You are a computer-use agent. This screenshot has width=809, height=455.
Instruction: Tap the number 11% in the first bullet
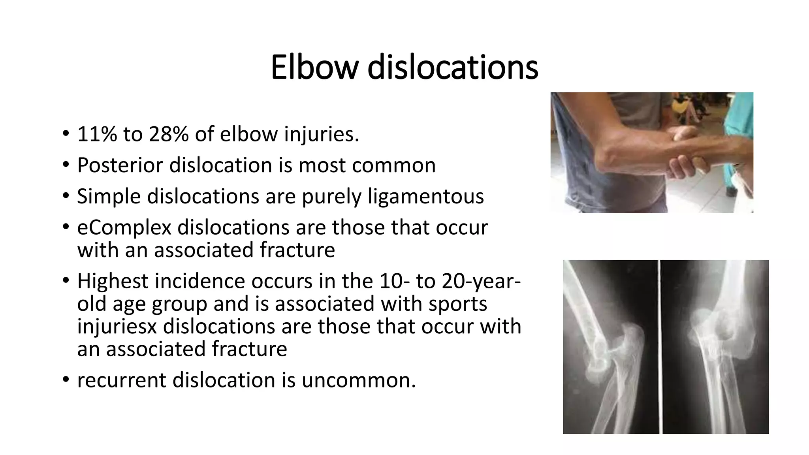tap(97, 134)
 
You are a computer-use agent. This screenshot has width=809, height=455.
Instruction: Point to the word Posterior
tap(120, 165)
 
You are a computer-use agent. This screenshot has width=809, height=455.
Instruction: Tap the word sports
tap(457, 304)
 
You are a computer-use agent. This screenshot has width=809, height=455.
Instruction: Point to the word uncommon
tap(359, 380)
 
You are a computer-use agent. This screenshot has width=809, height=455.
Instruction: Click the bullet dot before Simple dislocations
tap(66, 196)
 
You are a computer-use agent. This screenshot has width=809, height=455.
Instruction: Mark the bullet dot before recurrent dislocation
tap(66, 380)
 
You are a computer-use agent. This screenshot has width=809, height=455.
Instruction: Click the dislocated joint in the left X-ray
tap(604, 352)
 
